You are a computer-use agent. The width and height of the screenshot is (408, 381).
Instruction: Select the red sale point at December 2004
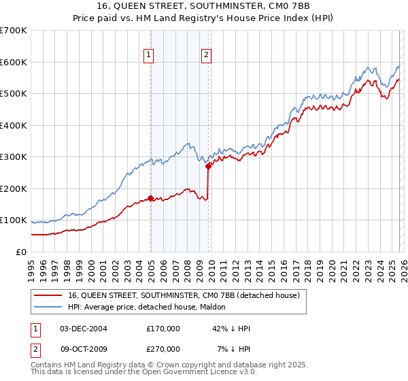[x=150, y=199]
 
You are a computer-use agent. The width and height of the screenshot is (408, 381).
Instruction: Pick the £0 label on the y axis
[x=20, y=252]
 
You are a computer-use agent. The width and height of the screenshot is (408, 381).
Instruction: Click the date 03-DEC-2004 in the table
[x=84, y=329]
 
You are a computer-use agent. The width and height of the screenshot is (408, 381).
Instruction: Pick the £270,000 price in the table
[x=163, y=348]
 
